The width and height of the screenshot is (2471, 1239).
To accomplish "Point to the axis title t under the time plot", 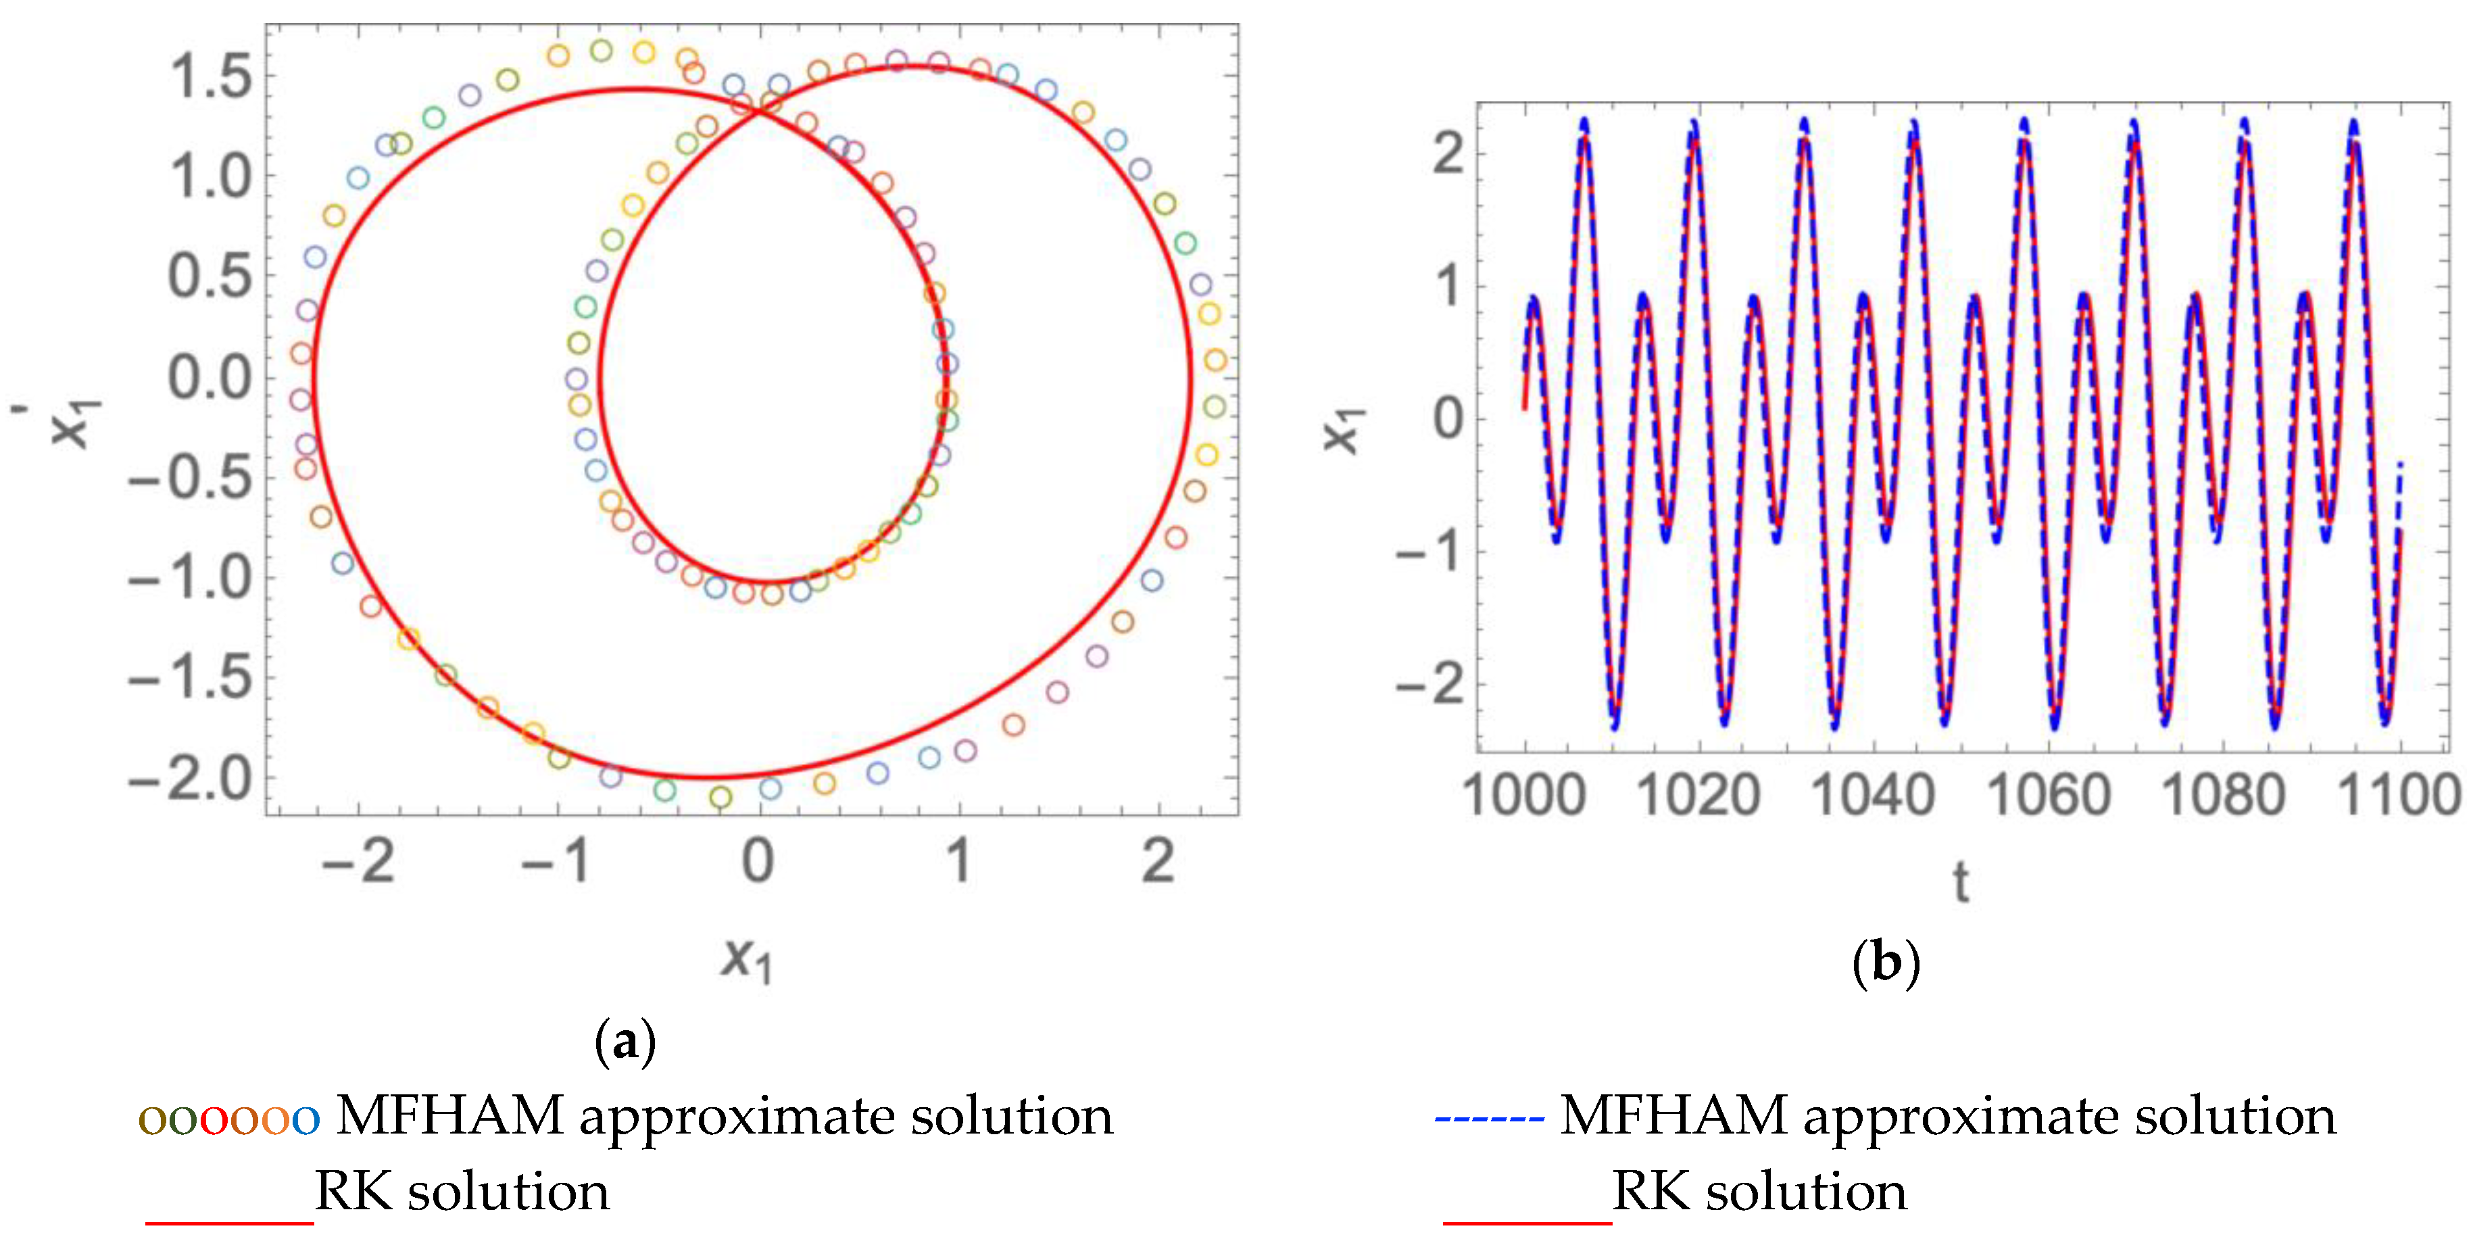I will [1961, 882].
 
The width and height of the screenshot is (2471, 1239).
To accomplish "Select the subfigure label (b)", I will [1886, 962].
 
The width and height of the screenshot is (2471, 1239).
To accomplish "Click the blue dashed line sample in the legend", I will [1489, 1118].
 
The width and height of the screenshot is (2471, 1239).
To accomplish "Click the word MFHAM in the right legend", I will [1673, 1116].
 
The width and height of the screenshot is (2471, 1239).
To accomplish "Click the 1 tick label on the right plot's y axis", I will [1448, 287].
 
